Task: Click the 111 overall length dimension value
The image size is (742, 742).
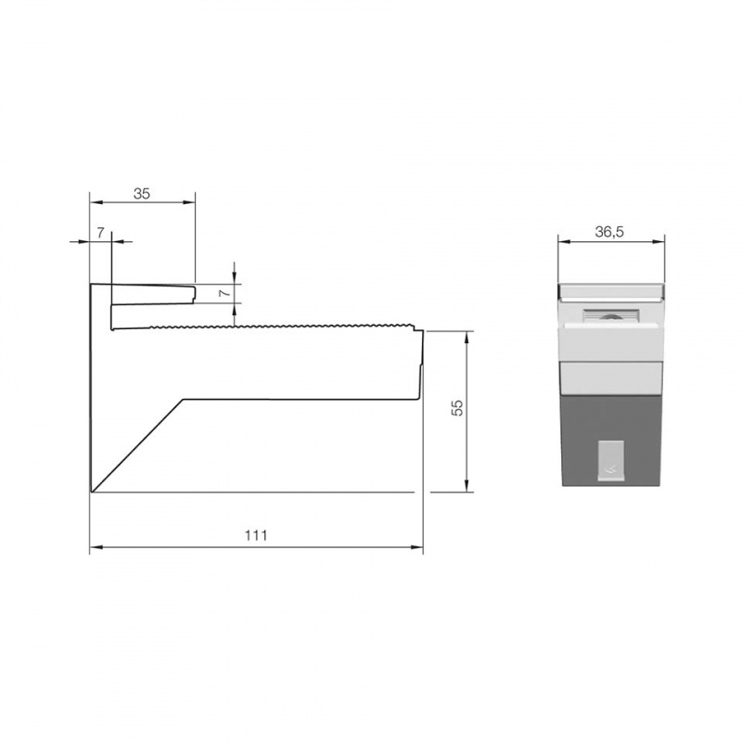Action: coord(256,535)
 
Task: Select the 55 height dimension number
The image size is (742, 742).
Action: coord(456,410)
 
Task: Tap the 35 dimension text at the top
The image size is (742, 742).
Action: coord(142,194)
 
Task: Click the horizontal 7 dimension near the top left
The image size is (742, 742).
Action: coord(100,233)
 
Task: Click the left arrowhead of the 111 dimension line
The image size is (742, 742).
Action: coord(94,549)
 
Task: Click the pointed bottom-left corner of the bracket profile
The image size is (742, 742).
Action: coord(91,492)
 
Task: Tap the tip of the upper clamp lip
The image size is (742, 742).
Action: coord(195,292)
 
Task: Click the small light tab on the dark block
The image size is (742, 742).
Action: coord(611,460)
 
